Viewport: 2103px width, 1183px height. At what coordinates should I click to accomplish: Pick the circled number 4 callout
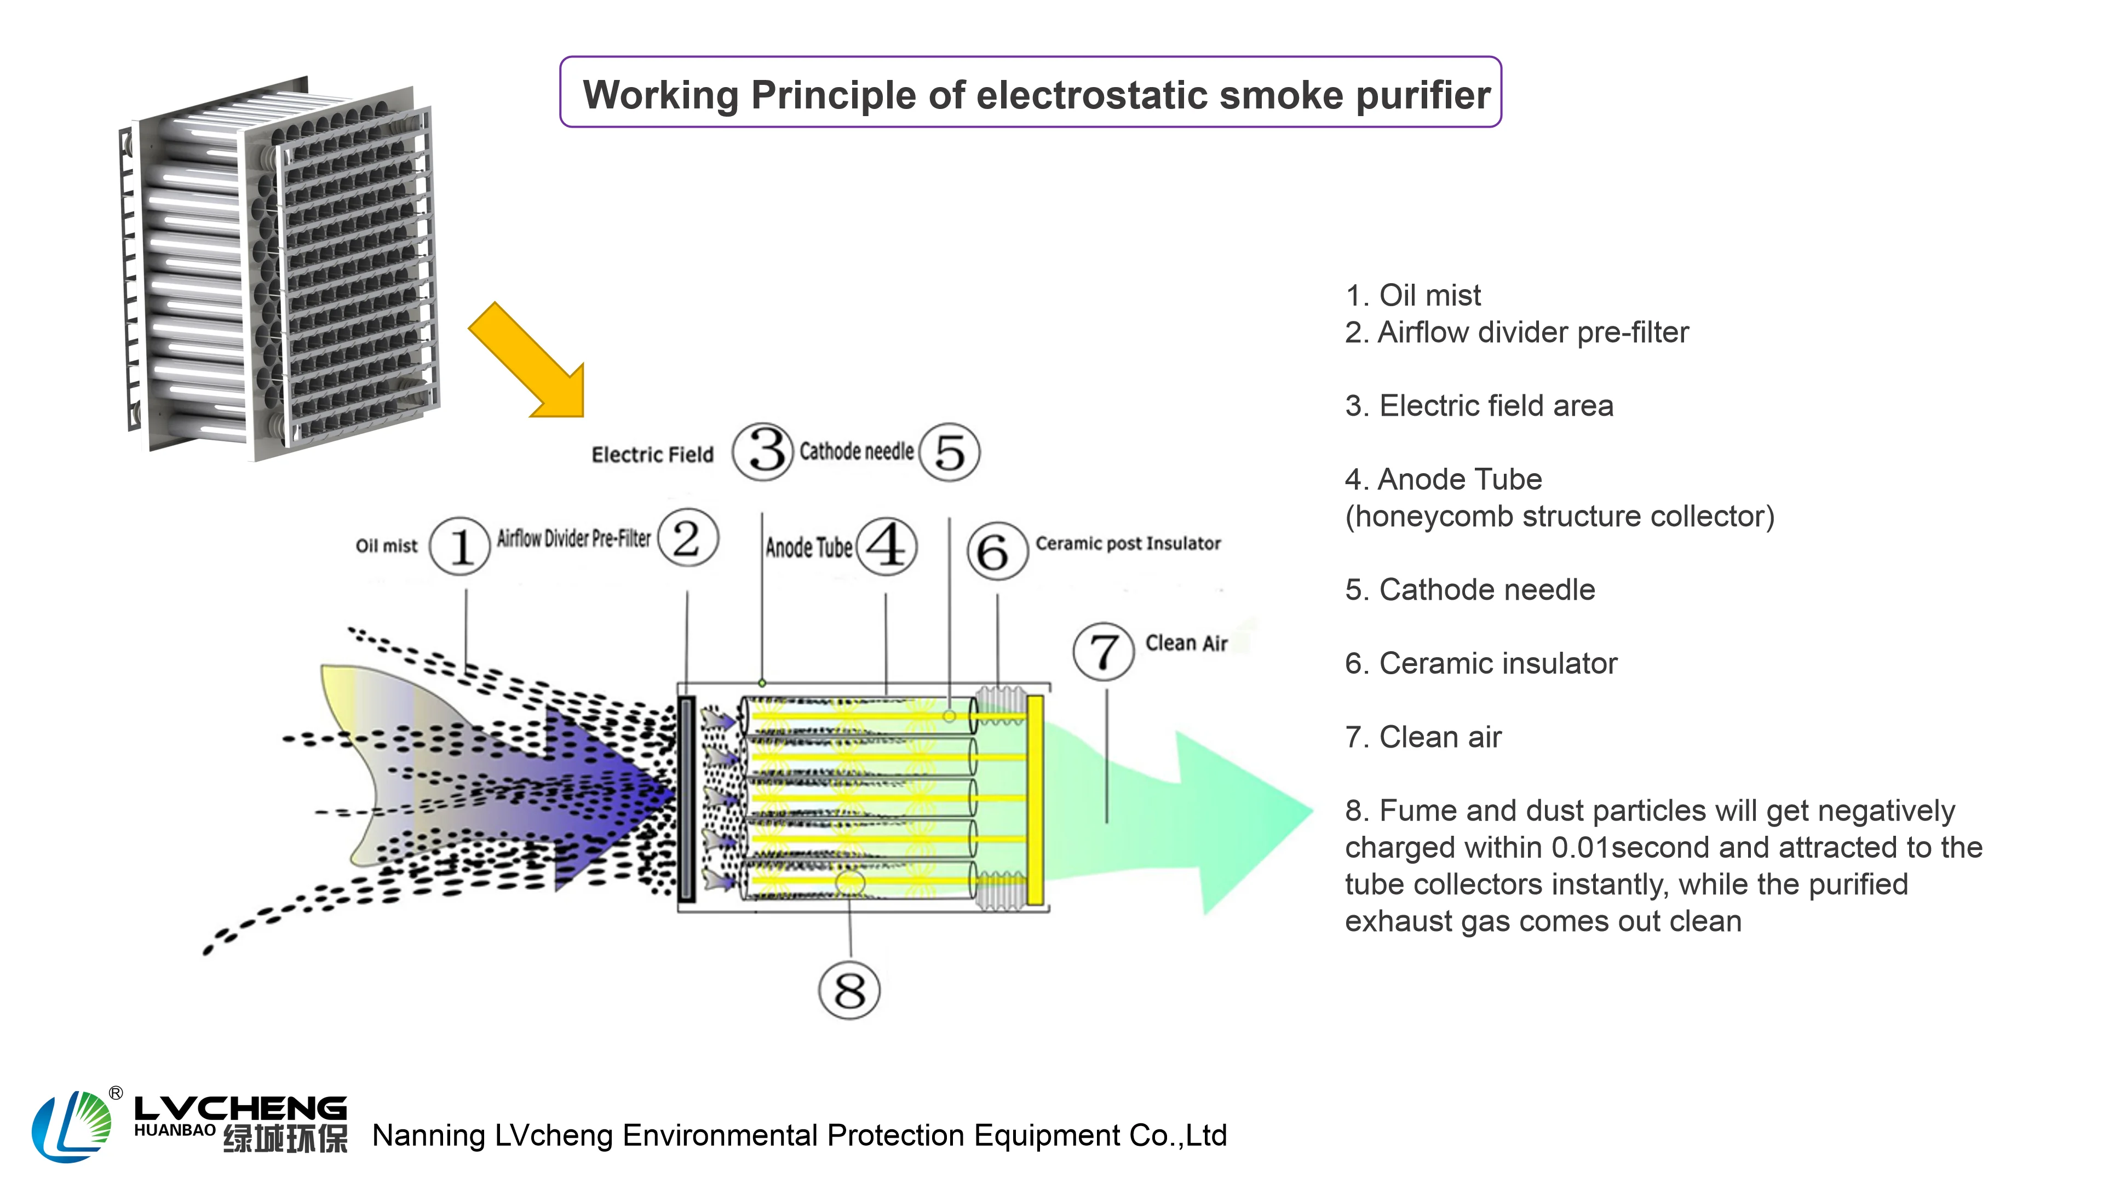[x=887, y=546]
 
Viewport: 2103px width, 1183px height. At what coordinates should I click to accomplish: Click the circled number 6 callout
[x=996, y=552]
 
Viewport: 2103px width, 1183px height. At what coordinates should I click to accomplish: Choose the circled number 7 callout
[x=1103, y=652]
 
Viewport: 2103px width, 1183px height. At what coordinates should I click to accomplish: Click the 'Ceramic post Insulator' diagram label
[x=1128, y=544]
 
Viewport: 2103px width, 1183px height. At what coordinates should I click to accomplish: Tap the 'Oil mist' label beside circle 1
[x=386, y=546]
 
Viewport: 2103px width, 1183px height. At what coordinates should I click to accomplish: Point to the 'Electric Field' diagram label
[x=652, y=455]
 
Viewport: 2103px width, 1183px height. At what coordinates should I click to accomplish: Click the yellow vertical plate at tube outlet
[x=1035, y=800]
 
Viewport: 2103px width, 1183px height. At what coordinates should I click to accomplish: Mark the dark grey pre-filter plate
[x=687, y=799]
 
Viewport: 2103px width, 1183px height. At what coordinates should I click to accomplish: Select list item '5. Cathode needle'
[x=1469, y=589]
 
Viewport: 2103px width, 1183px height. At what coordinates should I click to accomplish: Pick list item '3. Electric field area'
[x=1479, y=406]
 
